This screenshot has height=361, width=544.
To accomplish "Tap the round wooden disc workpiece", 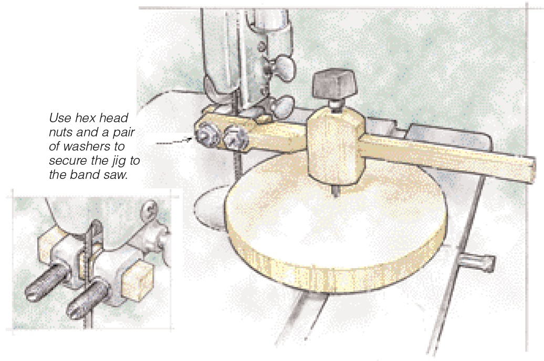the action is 335,226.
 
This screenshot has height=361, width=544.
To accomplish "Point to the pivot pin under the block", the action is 335,190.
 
